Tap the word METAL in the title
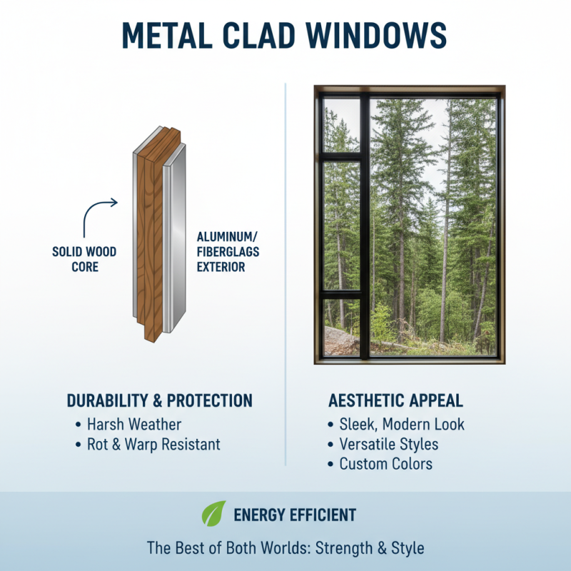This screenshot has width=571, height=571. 166,34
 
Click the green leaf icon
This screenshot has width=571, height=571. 213,513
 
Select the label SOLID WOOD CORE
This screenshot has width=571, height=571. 84,258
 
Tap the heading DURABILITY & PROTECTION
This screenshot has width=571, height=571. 159,400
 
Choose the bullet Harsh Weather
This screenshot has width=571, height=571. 134,424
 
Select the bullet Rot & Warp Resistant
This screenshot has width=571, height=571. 153,444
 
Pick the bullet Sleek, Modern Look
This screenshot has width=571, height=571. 402,424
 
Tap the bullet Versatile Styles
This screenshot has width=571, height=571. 389,444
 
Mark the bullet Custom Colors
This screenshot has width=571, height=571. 385,464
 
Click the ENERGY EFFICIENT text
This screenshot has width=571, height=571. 295,514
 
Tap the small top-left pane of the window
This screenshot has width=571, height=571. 341,125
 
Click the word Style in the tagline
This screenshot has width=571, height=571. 406,548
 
